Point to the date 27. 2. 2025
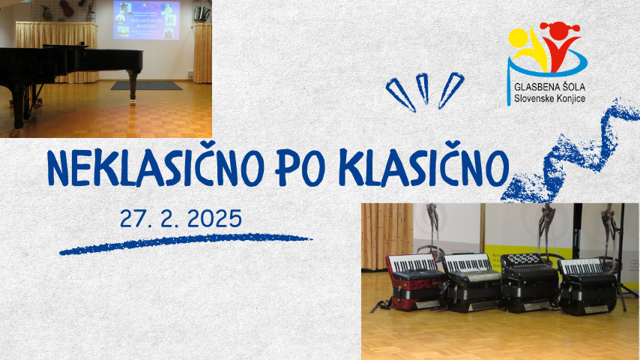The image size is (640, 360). click(x=181, y=218)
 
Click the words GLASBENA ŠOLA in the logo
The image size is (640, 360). click(x=546, y=88)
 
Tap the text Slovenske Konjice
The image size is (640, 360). click(x=546, y=99)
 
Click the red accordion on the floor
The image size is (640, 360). click(x=414, y=280)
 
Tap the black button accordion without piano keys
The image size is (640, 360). click(x=529, y=282)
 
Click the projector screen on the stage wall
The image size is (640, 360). click(x=145, y=20)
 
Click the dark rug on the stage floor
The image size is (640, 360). click(x=147, y=85)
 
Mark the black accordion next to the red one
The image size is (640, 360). click(x=472, y=281)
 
